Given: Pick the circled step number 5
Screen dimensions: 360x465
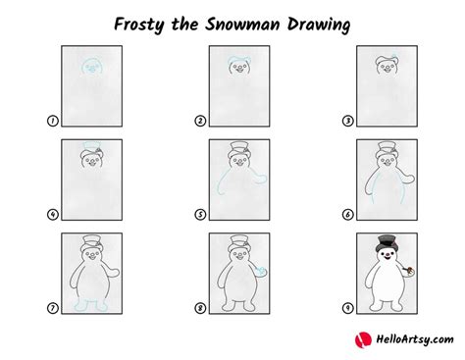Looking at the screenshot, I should pos(200,215).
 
